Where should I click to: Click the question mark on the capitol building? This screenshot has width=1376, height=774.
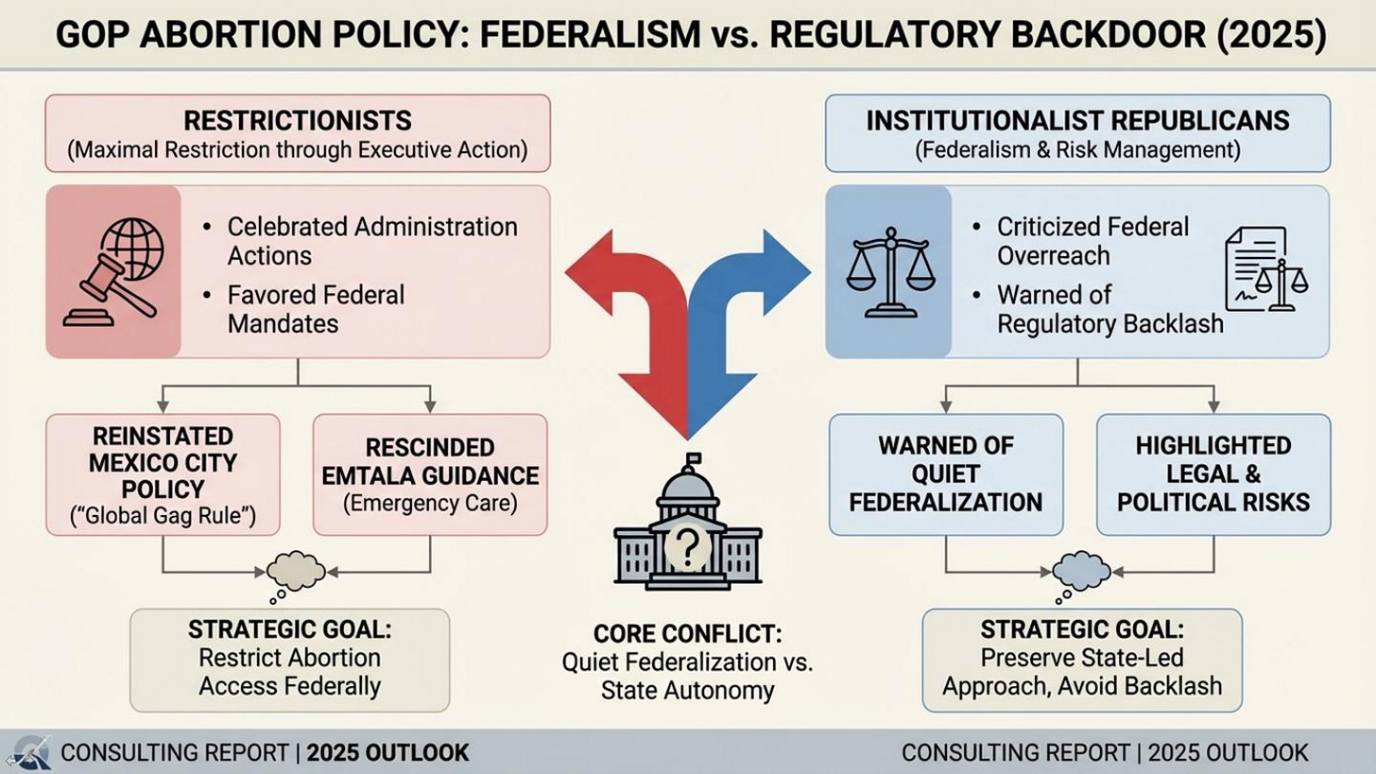click(687, 545)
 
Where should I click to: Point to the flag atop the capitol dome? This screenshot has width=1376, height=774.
click(695, 461)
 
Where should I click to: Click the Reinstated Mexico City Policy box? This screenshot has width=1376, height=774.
click(163, 474)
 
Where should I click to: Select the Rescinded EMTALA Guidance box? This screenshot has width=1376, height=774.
click(430, 474)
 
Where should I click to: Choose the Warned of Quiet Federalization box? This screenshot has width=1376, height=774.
click(945, 474)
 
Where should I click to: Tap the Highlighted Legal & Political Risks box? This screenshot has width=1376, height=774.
click(1213, 474)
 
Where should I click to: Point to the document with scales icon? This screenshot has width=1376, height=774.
click(1266, 269)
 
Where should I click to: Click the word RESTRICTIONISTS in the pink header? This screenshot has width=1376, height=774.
click(297, 121)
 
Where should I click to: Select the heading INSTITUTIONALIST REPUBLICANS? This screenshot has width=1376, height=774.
click(1077, 121)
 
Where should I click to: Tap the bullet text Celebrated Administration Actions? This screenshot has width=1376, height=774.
click(371, 241)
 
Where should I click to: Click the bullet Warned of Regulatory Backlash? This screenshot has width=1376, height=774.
click(1109, 309)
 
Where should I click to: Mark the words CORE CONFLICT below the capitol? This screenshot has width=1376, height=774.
click(687, 633)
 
